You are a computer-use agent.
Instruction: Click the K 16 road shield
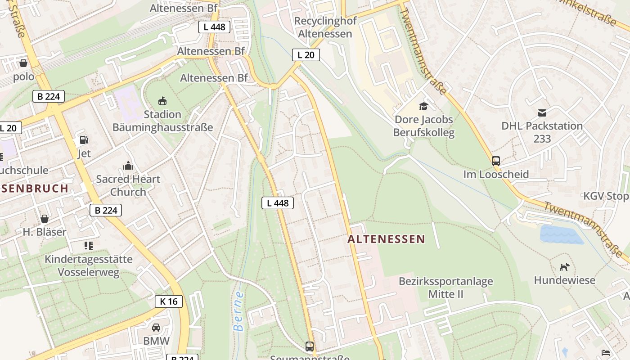click(x=169, y=301)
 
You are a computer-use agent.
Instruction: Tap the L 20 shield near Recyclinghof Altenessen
click(x=306, y=55)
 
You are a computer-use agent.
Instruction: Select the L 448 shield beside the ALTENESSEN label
click(x=278, y=203)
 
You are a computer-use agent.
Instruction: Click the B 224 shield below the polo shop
click(x=49, y=96)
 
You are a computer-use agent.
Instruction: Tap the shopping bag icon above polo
click(x=23, y=63)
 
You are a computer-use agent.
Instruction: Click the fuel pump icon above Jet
click(x=84, y=140)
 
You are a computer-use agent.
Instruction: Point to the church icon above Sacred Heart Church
click(x=128, y=166)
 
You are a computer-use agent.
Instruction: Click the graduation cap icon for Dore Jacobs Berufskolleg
click(x=423, y=106)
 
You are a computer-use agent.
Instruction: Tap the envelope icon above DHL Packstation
click(x=542, y=112)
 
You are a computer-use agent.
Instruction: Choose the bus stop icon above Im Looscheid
click(x=496, y=161)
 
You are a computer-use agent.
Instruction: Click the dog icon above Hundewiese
click(x=564, y=267)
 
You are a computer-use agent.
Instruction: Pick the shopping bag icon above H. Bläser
click(x=45, y=219)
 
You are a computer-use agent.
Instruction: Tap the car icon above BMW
click(x=156, y=328)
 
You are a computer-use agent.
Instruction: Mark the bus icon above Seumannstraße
click(x=310, y=346)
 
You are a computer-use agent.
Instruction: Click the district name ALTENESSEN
click(x=386, y=239)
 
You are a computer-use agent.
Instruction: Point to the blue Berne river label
click(x=239, y=311)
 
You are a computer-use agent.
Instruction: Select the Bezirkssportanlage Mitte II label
click(x=445, y=288)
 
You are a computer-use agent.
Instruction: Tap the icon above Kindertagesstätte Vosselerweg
click(x=89, y=246)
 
